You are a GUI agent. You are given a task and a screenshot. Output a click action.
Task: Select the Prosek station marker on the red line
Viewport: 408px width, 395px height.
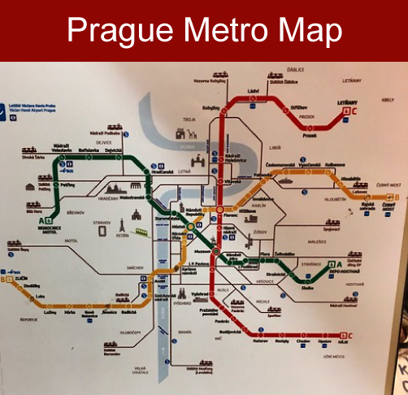click(309, 129)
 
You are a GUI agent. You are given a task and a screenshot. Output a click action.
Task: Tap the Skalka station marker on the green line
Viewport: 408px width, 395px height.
click(310, 281)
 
